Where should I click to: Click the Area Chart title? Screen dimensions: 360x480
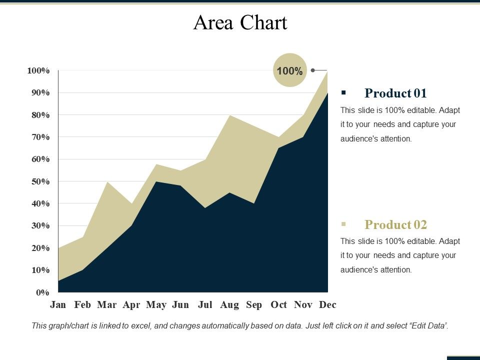[240, 23]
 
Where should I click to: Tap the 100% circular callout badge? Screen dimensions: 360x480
[289, 70]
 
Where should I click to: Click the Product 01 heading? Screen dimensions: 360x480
[395, 93]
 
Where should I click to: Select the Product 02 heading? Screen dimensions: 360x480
[395, 224]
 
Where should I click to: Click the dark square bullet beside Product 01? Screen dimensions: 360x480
[343, 92]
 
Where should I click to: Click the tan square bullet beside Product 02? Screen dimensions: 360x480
[343, 224]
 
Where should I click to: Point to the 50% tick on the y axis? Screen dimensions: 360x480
[38, 181]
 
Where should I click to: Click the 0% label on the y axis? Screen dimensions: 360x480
[42, 292]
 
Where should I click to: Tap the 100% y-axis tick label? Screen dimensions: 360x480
[38, 70]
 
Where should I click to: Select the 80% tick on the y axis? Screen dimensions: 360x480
[38, 115]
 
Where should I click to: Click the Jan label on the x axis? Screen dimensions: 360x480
[58, 304]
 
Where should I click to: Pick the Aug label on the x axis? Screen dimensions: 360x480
[229, 304]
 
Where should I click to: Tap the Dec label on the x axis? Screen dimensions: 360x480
[327, 304]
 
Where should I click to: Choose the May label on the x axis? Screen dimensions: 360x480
[156, 304]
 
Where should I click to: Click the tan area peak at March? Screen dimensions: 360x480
[107, 182]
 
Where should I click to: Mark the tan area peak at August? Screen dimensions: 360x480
[229, 116]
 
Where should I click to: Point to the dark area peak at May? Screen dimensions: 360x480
[156, 182]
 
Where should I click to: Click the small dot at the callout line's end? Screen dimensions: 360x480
[312, 70]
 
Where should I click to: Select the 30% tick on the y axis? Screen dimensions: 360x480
[38, 226]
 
